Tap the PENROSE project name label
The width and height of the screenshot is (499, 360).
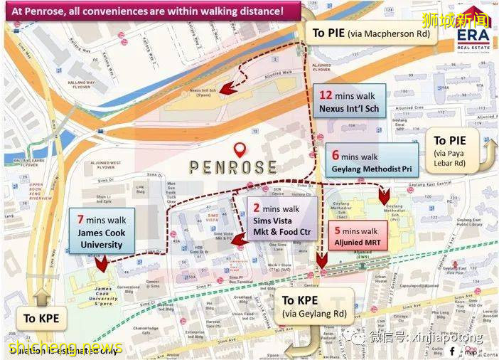232,168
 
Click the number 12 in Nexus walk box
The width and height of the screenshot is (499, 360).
326,95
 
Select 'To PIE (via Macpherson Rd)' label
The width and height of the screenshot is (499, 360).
372,33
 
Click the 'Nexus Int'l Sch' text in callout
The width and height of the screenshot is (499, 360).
348,109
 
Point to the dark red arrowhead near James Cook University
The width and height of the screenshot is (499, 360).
102,264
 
